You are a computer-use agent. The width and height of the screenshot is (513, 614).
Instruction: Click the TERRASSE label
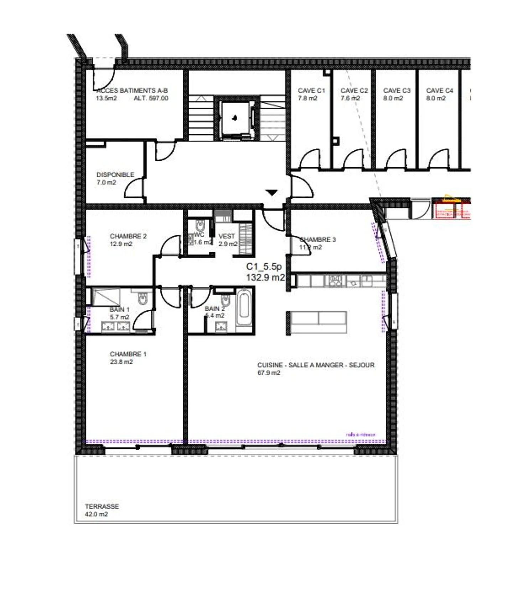tap(102, 506)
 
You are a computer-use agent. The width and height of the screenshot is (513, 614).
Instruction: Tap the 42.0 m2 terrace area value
tap(96, 514)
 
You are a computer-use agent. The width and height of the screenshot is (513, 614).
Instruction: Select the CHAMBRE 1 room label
tap(128, 354)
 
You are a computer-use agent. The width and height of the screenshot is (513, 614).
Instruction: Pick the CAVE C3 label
tap(397, 90)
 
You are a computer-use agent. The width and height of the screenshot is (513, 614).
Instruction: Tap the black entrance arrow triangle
tap(272, 193)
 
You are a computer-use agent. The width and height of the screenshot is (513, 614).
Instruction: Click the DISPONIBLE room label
tap(115, 175)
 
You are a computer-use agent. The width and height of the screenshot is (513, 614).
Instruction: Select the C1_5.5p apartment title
tap(264, 266)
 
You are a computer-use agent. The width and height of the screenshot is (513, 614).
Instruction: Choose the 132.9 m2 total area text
tap(265, 277)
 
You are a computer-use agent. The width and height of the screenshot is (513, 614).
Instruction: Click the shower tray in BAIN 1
tap(106, 297)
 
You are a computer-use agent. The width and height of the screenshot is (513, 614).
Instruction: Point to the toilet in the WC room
tap(200, 225)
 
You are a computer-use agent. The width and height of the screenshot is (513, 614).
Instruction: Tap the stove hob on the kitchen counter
tap(335, 281)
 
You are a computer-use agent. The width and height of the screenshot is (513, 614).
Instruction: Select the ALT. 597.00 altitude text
tap(151, 98)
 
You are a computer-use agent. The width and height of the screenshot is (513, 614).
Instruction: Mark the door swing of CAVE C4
tap(439, 159)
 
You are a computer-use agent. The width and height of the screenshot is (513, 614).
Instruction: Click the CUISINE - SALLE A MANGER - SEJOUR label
tap(316, 365)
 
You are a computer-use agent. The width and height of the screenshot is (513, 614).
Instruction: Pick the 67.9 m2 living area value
tap(269, 373)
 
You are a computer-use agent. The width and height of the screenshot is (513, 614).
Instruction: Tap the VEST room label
tap(227, 236)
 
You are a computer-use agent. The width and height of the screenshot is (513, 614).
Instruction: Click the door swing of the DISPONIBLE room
tap(135, 188)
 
